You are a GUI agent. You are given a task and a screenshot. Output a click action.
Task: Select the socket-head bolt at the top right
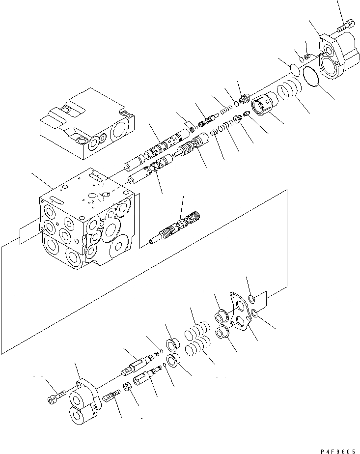345,24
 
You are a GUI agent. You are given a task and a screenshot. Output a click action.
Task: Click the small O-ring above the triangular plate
251,299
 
